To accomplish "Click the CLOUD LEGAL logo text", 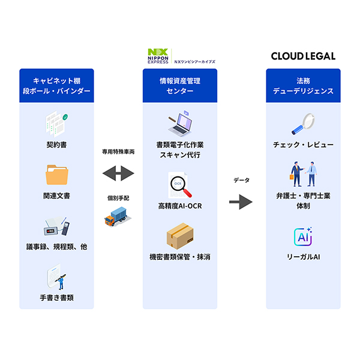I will pyautogui.click(x=303, y=56).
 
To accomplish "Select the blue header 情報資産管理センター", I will pyautogui.click(x=180, y=85).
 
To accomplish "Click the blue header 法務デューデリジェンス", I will pyautogui.click(x=303, y=85).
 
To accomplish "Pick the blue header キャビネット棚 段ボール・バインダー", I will pyautogui.click(x=56, y=85).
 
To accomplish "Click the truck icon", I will pyautogui.click(x=118, y=216).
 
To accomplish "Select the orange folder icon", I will pyautogui.click(x=58, y=175).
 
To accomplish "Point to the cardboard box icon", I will pyautogui.click(x=180, y=236).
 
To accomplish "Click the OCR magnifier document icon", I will pyautogui.click(x=180, y=185).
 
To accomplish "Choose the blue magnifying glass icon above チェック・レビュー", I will pyautogui.click(x=304, y=125).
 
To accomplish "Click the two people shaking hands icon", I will pyautogui.click(x=304, y=175).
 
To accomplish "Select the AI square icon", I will pyautogui.click(x=303, y=236).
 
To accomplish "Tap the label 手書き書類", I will pyautogui.click(x=58, y=297).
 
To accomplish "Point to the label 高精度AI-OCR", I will pyautogui.click(x=179, y=206).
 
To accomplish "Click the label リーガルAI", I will pyautogui.click(x=303, y=257).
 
